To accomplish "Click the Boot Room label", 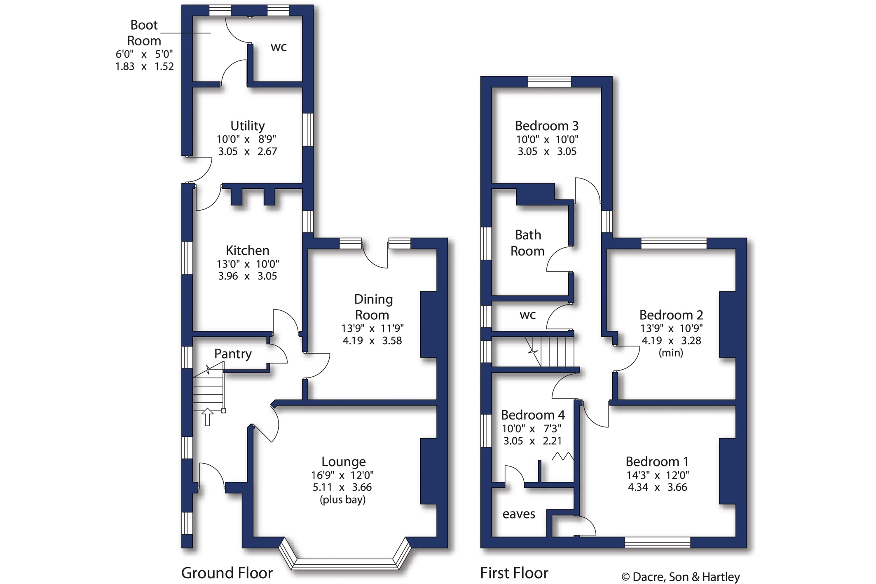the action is click(144, 33).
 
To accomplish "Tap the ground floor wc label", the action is click(279, 47).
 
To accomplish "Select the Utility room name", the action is click(247, 125).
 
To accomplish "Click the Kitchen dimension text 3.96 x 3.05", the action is click(247, 276).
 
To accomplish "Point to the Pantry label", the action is click(233, 354).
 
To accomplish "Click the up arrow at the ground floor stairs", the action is click(207, 417).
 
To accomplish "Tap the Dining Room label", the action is click(373, 307).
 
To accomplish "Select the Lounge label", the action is click(343, 461).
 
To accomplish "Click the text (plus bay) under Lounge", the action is click(343, 500).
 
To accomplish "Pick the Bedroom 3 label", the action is click(547, 125).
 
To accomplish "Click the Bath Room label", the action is click(527, 243).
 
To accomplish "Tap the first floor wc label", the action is click(528, 315).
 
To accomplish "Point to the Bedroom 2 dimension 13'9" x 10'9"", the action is click(671, 328).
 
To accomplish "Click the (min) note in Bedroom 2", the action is click(671, 353).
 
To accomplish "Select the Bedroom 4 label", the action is click(533, 415).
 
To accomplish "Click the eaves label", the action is click(519, 514).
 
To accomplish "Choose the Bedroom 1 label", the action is click(657, 461).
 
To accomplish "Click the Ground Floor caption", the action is click(227, 573).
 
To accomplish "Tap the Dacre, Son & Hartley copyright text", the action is click(680, 577).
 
